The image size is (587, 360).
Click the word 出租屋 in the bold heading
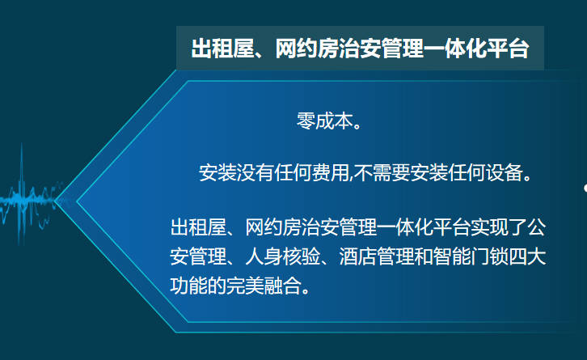click(x=222, y=49)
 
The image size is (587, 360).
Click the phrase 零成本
click(x=325, y=121)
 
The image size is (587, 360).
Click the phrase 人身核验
click(x=283, y=256)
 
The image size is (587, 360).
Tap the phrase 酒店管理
click(x=377, y=256)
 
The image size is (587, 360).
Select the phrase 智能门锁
click(x=471, y=256)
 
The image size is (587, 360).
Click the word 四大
click(x=527, y=256)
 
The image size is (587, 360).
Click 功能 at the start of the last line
click(x=188, y=286)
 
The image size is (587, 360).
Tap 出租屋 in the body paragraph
click(x=198, y=227)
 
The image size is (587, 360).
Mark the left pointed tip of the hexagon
click(x=55, y=201)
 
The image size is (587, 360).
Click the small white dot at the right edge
click(x=585, y=188)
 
